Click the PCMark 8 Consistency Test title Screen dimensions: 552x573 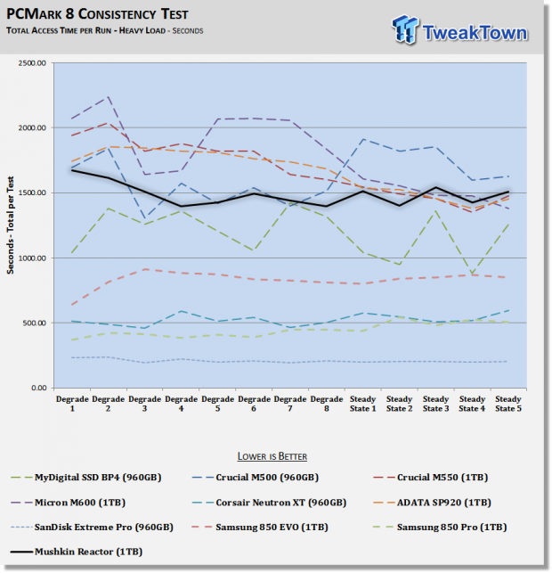[97, 14]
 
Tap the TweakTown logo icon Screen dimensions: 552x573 [405, 29]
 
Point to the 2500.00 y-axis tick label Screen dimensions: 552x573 [32, 63]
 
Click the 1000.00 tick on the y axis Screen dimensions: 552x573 [32, 258]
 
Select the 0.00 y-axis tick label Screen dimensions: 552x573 [38, 388]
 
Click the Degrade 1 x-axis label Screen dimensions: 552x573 [72, 404]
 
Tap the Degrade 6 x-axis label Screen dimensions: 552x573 [254, 404]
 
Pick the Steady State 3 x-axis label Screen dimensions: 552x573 [435, 404]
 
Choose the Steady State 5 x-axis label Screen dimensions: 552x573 [508, 404]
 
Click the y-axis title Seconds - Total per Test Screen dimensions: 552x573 [10, 225]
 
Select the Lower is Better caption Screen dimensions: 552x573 [272, 456]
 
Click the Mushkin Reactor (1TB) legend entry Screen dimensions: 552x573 [77, 552]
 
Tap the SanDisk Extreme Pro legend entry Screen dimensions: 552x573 [92, 528]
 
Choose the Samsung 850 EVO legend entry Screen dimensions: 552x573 [260, 528]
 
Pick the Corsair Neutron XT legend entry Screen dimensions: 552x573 [269, 503]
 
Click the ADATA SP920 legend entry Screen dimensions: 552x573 [433, 503]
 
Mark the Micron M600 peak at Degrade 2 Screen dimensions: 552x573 [109, 97]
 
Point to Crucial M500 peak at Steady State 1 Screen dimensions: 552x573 [363, 139]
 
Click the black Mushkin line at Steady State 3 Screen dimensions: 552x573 [435, 187]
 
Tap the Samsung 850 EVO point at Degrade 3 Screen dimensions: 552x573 [145, 269]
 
